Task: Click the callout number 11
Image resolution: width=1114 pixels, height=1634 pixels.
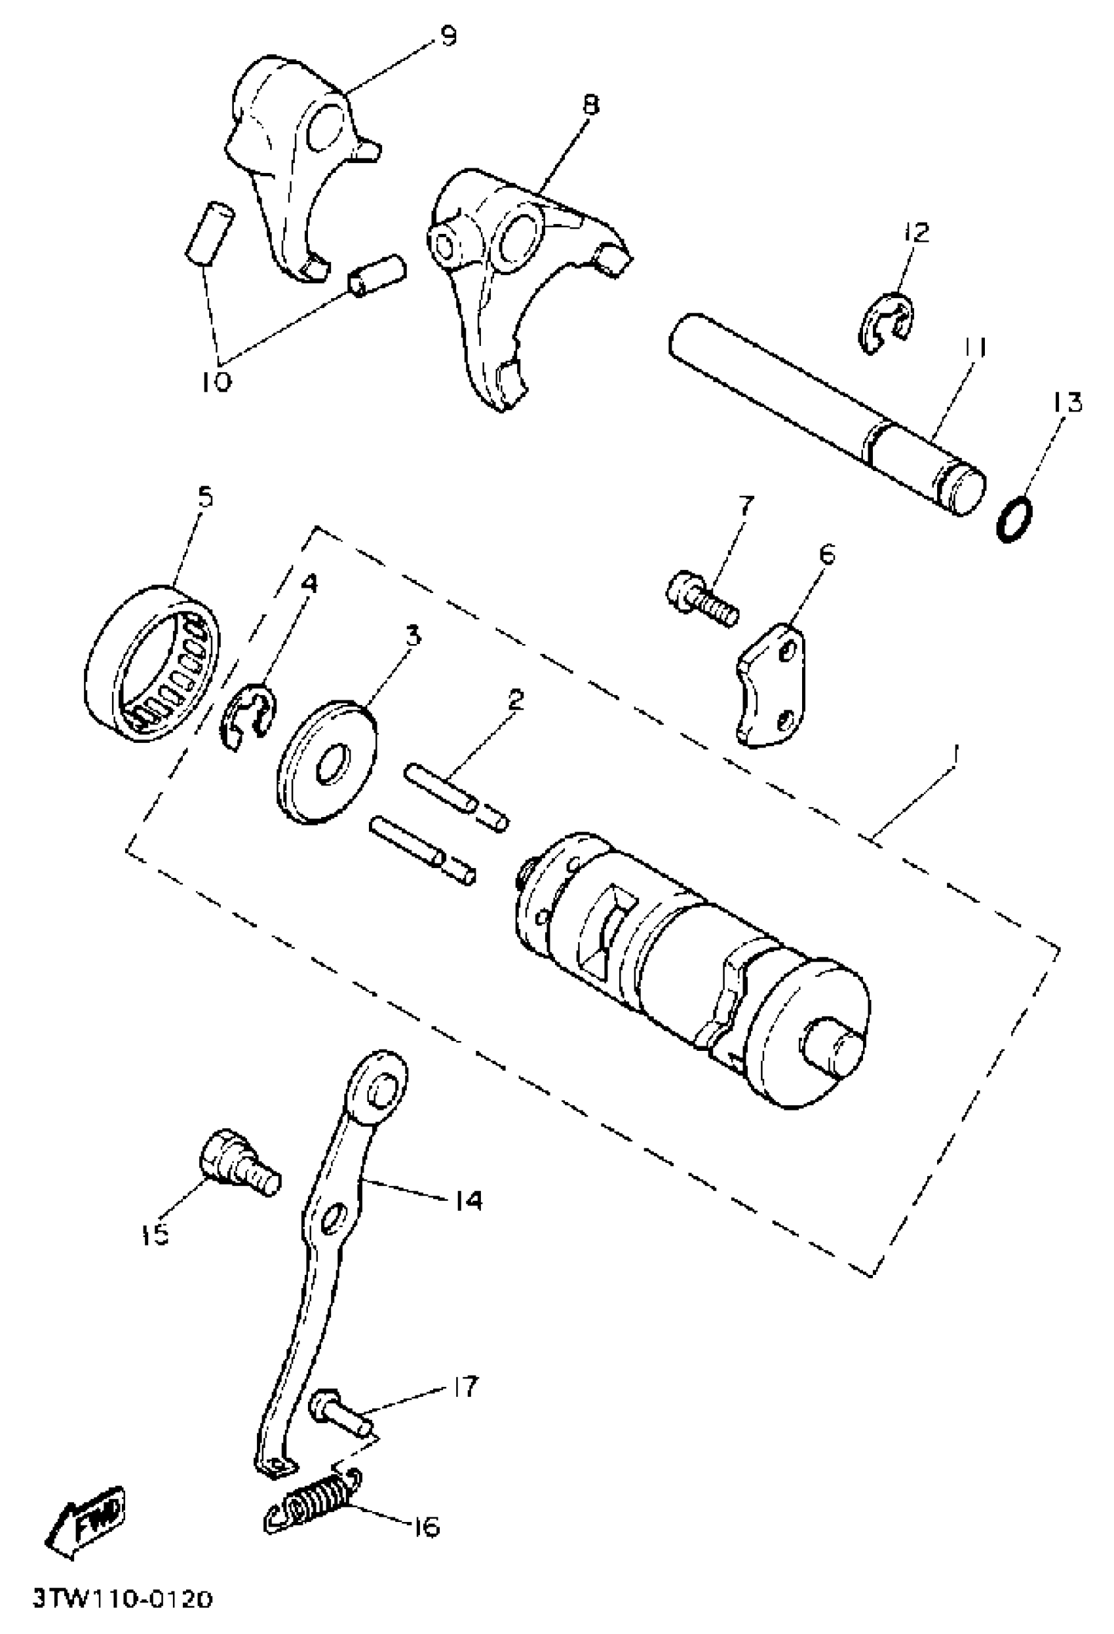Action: pos(976,349)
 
